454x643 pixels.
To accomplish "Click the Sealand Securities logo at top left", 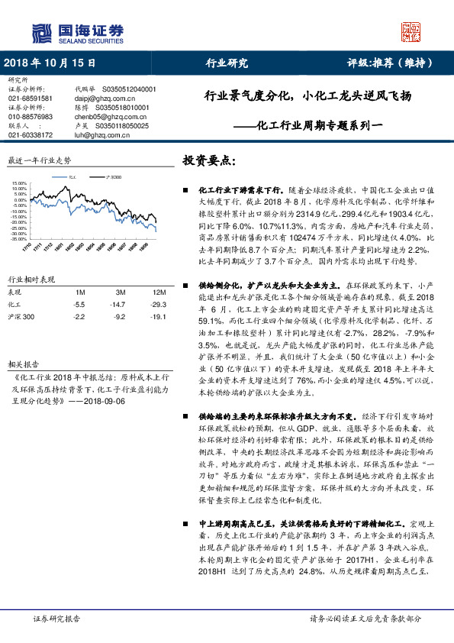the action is tap(76, 32).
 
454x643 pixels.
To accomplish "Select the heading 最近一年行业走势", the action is tap(39, 161).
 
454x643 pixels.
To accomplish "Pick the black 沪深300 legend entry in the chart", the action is tap(112, 178).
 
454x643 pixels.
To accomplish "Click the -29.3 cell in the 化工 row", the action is tap(159, 304).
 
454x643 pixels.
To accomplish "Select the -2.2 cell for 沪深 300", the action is tap(79, 315).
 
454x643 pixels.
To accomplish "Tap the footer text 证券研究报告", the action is tap(56, 619).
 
